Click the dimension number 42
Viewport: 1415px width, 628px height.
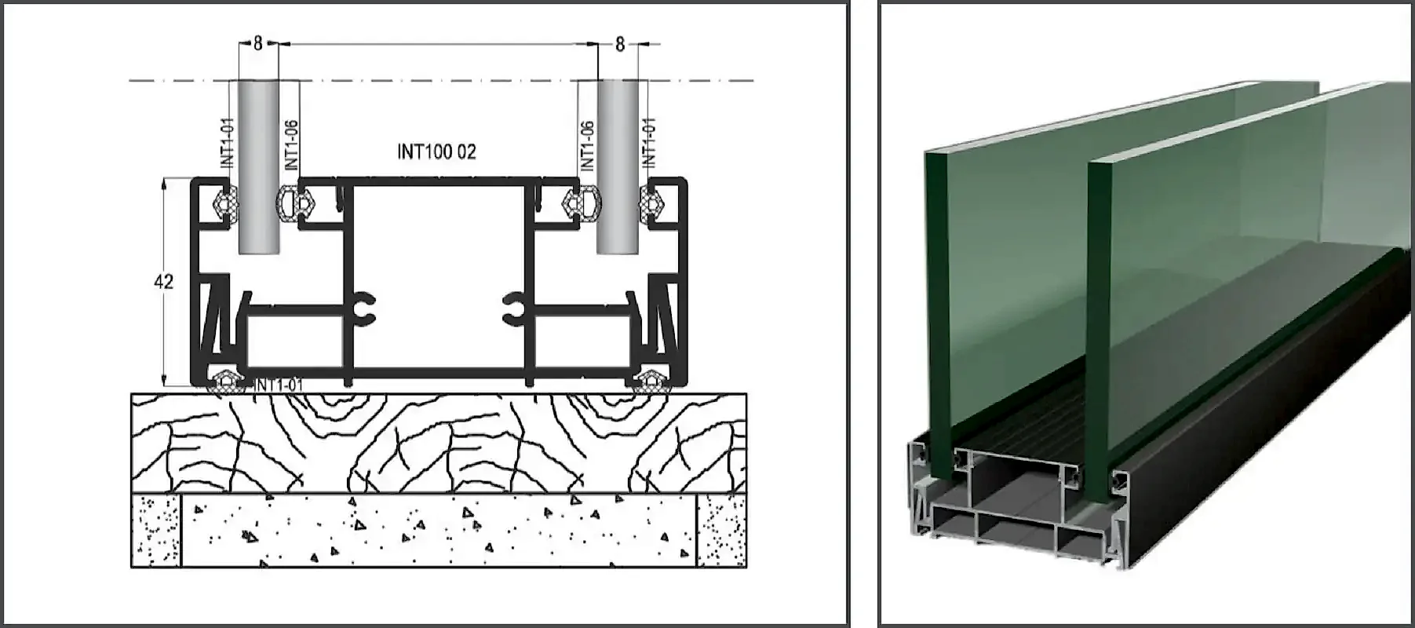coord(163,281)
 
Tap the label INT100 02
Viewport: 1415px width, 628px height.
coord(436,152)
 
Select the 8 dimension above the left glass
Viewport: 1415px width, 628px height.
coord(258,44)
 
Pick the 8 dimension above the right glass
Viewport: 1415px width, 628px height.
coord(620,45)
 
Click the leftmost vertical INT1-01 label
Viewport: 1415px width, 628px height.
coord(228,142)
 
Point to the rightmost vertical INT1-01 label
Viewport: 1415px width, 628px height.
coord(649,142)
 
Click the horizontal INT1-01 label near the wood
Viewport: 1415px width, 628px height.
coord(279,385)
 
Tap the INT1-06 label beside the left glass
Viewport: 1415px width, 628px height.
coord(291,144)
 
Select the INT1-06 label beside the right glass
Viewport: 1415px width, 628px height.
coord(586,144)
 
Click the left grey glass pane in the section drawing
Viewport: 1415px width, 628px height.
coord(258,166)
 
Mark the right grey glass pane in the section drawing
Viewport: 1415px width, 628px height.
coord(618,166)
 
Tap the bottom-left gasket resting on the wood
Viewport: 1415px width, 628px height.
coord(227,382)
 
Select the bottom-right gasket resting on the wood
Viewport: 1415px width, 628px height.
coord(651,382)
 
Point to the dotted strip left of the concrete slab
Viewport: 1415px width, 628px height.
coord(156,530)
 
